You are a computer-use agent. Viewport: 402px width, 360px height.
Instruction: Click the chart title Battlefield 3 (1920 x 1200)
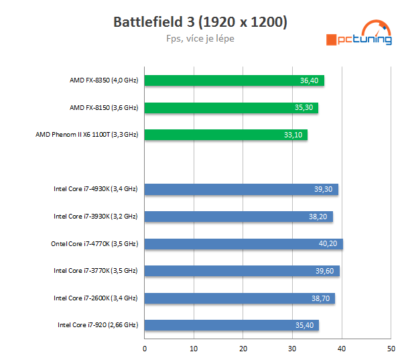tap(200, 22)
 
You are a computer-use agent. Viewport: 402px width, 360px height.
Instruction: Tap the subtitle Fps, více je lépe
tap(200, 39)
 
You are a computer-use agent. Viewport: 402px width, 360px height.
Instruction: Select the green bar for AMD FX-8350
tap(234, 80)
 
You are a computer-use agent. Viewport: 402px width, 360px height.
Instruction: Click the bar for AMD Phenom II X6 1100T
tap(226, 135)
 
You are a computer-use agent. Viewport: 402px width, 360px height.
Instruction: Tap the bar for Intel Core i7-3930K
tap(239, 217)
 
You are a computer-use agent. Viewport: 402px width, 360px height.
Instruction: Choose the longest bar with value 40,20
tap(243, 244)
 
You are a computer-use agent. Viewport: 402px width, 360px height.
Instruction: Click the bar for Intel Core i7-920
tap(231, 325)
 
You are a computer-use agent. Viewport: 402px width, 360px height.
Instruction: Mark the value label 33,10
tap(293, 135)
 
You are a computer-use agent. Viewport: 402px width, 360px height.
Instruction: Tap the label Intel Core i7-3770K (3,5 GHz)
tap(96, 271)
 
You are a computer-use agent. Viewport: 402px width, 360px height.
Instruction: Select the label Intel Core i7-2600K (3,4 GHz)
tap(96, 298)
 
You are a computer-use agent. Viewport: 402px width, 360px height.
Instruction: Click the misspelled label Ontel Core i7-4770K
tap(94, 244)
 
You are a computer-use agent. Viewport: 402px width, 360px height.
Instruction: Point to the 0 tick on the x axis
tap(145, 349)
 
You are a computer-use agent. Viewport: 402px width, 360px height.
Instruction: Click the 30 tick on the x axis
tap(292, 349)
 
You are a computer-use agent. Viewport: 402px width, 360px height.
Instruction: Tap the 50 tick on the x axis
tap(391, 349)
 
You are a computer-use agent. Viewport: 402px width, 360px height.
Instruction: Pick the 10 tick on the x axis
tap(194, 349)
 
